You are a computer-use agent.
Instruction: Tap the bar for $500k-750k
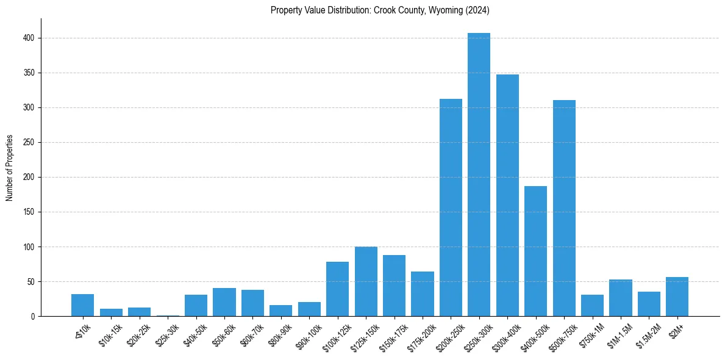pos(564,208)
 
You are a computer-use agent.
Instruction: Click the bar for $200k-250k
pos(451,207)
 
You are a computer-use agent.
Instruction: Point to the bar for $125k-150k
pos(366,281)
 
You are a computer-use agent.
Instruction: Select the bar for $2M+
pos(677,297)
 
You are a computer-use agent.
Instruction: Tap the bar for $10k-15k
pos(111,312)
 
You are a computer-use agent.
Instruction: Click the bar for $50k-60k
pos(224,302)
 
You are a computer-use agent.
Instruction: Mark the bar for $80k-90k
pos(280,311)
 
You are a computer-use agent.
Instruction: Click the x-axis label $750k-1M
pos(591,334)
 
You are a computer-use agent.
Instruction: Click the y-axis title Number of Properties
pos(9,168)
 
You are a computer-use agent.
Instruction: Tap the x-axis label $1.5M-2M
pos(648,334)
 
